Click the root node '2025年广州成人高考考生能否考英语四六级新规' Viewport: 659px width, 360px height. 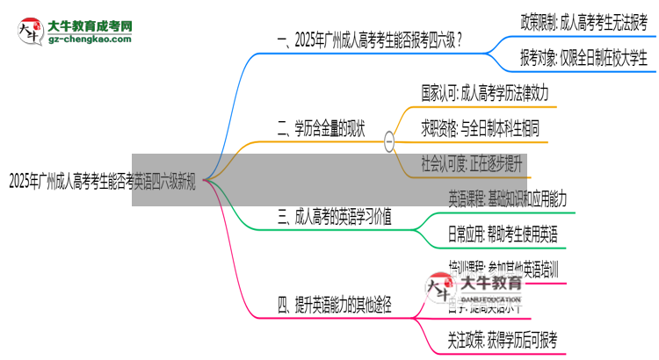click(104, 183)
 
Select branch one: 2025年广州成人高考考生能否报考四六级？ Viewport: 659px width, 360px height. click(370, 40)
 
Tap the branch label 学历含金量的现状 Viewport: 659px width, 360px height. click(329, 133)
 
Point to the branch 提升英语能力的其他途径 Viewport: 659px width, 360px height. click(334, 306)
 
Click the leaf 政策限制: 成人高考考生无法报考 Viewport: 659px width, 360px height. click(583, 19)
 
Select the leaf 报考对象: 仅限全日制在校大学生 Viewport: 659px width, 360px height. click(583, 58)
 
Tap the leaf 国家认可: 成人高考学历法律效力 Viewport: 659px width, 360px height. click(487, 90)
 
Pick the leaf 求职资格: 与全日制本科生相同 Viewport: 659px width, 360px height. click(480, 128)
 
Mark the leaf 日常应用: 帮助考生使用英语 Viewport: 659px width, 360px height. click(502, 234)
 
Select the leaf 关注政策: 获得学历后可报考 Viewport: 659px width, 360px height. click(502, 339)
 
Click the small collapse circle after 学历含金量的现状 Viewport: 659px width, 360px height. click(389, 140)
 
